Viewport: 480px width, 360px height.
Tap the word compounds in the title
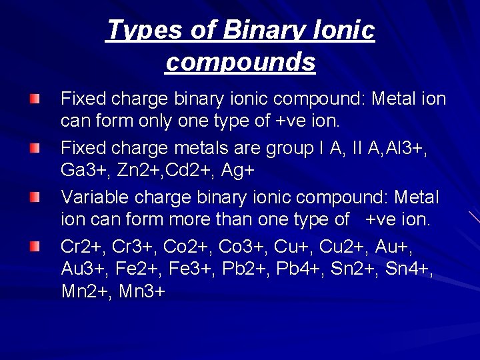[x=240, y=62]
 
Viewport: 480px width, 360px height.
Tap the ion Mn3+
[x=141, y=292]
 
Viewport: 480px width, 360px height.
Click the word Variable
[x=95, y=197]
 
